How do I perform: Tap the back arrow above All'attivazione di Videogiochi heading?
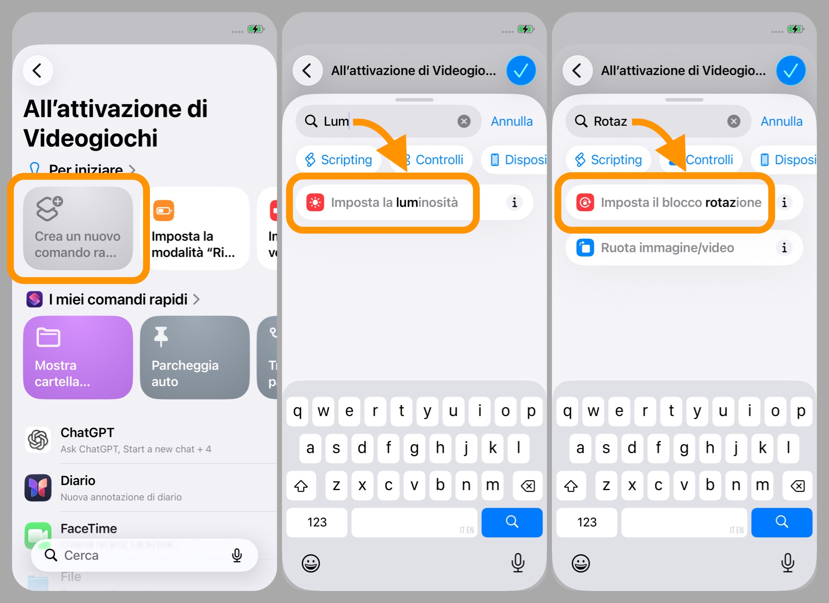point(38,70)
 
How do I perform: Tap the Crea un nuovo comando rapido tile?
point(78,228)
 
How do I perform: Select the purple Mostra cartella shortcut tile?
point(78,357)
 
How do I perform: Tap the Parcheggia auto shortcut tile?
point(194,357)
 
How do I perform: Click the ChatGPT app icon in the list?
point(38,439)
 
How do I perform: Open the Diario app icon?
point(38,488)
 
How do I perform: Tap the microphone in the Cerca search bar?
point(237,555)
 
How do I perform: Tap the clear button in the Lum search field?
point(464,121)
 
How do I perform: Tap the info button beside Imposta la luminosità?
point(514,202)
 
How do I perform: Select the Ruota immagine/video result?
point(667,247)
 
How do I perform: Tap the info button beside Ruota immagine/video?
point(784,247)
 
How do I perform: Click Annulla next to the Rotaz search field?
point(781,121)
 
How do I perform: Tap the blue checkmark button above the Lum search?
point(521,70)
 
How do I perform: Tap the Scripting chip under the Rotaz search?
point(609,159)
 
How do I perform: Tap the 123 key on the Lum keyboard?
point(317,522)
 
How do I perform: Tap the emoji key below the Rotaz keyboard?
point(580,563)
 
